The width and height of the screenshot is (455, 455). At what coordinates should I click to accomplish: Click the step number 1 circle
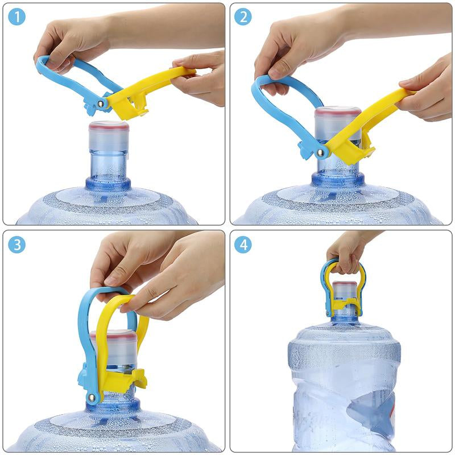[x=17, y=17]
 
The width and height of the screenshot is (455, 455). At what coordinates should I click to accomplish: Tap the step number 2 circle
[x=243, y=17]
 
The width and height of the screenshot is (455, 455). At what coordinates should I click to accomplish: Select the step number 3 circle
[x=17, y=245]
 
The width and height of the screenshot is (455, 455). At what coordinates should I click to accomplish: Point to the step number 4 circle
[x=243, y=245]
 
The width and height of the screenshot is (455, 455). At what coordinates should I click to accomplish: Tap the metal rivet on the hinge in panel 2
[x=321, y=152]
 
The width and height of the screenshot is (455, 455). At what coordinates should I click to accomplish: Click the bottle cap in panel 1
[x=109, y=126]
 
